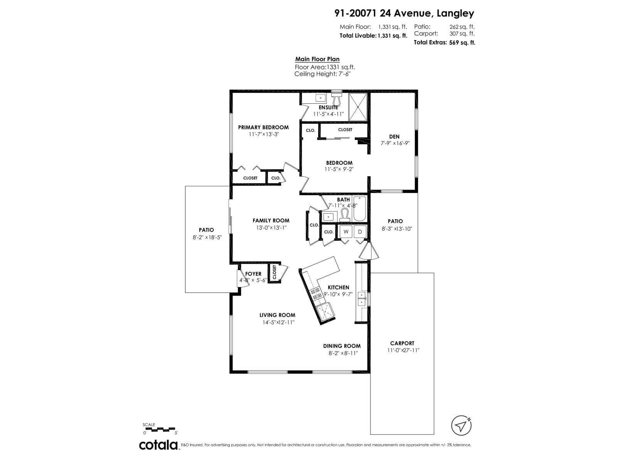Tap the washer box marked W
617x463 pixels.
point(346,231)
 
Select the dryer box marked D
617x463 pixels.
point(360,231)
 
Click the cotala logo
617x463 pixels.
point(158,445)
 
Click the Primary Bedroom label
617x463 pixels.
point(263,127)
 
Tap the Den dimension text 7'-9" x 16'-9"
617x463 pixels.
point(394,143)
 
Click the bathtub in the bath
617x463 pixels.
point(359,209)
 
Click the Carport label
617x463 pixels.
point(402,343)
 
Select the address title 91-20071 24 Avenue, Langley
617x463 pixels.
point(404,14)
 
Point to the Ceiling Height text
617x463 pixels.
point(322,74)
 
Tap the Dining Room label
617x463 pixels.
point(342,346)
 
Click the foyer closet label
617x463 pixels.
point(274,272)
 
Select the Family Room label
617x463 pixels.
point(271,220)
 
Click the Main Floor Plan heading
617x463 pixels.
point(317,59)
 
